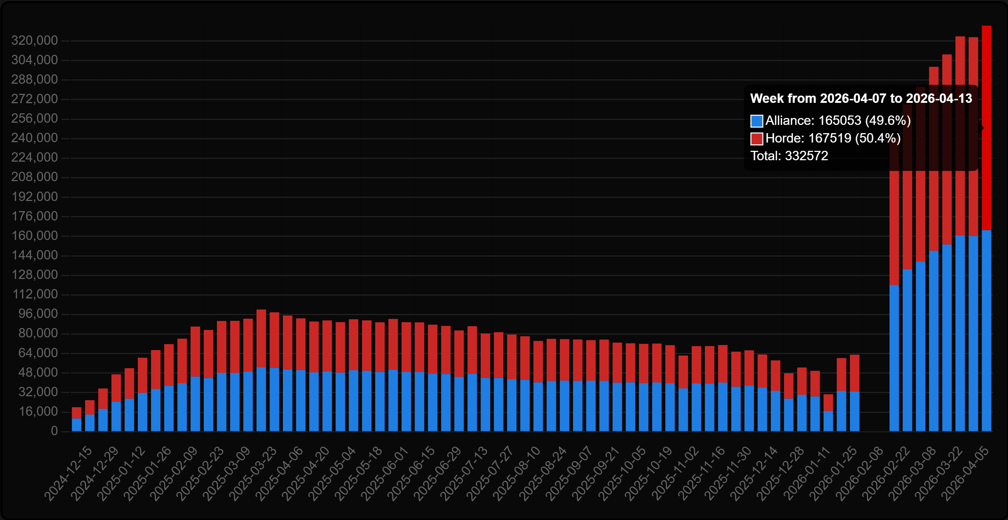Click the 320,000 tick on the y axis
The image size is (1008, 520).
pyautogui.click(x=34, y=40)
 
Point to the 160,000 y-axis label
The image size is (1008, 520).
pyautogui.click(x=34, y=236)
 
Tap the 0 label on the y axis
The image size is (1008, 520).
pyautogui.click(x=54, y=431)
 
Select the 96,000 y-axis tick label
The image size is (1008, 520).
pyautogui.click(x=38, y=314)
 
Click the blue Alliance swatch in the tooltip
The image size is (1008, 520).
pyautogui.click(x=757, y=121)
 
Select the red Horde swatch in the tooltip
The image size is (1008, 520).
pyautogui.click(x=757, y=139)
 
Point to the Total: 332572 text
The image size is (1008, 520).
pyautogui.click(x=789, y=156)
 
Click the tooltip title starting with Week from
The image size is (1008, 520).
pyautogui.click(x=861, y=98)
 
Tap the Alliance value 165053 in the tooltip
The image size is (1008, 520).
pyautogui.click(x=840, y=121)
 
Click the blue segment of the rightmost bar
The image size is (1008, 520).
pyautogui.click(x=986, y=333)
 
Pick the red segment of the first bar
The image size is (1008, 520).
pyautogui.click(x=77, y=413)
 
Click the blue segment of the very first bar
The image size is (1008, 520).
pyautogui.click(x=77, y=425)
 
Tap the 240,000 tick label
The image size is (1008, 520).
pyautogui.click(x=34, y=138)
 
